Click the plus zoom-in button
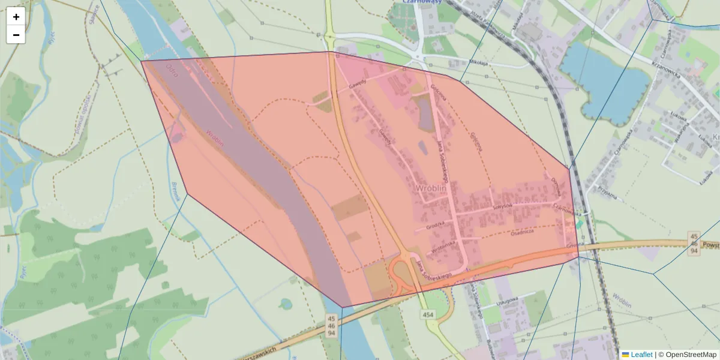coord(16,17)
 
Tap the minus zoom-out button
coord(16,35)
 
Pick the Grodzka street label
coord(436,227)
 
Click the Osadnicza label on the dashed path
coord(526,235)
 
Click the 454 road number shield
coord(427,314)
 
